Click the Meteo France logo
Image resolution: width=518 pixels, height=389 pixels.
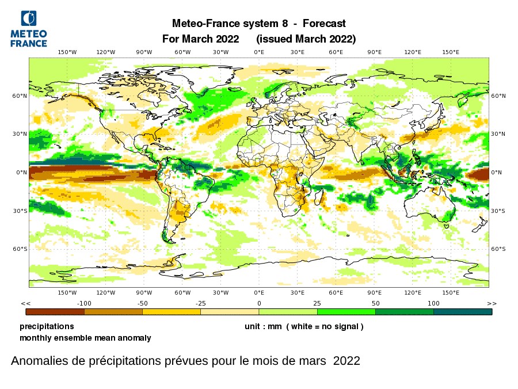click(29, 29)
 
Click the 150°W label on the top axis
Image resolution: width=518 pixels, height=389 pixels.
click(67, 52)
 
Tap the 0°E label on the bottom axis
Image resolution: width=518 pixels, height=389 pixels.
click(259, 293)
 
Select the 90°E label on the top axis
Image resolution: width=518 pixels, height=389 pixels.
click(374, 52)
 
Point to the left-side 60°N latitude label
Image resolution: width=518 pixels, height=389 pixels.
click(20, 96)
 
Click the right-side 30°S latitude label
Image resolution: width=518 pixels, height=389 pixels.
click(498, 211)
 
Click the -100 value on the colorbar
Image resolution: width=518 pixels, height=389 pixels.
click(84, 303)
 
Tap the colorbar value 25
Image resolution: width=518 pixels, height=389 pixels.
click(317, 303)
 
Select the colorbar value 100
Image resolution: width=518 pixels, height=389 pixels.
click(433, 303)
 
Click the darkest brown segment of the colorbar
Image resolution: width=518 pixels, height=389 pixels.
click(55, 312)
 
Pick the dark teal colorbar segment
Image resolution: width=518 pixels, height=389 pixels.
click(463, 312)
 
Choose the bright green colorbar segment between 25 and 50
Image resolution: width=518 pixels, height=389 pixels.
click(346, 312)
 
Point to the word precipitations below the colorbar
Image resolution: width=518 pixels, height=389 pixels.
click(47, 326)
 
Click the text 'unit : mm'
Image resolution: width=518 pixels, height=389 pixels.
click(263, 326)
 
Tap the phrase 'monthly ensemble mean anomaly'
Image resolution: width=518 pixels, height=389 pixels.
click(85, 338)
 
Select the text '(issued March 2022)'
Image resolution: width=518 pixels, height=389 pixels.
click(306, 39)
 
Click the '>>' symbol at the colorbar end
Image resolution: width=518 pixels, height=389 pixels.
click(492, 303)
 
